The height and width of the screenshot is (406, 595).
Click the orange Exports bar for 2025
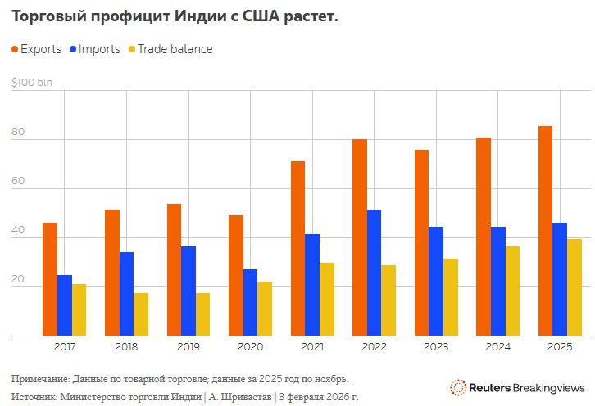[x=545, y=231]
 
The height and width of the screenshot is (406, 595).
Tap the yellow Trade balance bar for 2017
[x=79, y=309]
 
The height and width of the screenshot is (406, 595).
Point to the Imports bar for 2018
[x=127, y=294]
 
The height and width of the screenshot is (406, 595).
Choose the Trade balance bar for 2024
[x=513, y=291]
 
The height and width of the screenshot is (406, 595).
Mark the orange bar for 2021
[x=297, y=248]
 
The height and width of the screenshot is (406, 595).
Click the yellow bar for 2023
[x=451, y=297]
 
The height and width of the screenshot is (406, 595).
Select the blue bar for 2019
[x=188, y=291]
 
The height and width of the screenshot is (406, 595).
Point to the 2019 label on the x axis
[x=188, y=347]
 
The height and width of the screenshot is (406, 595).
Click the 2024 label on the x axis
[x=498, y=347]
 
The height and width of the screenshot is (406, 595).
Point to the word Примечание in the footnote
[x=39, y=379]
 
